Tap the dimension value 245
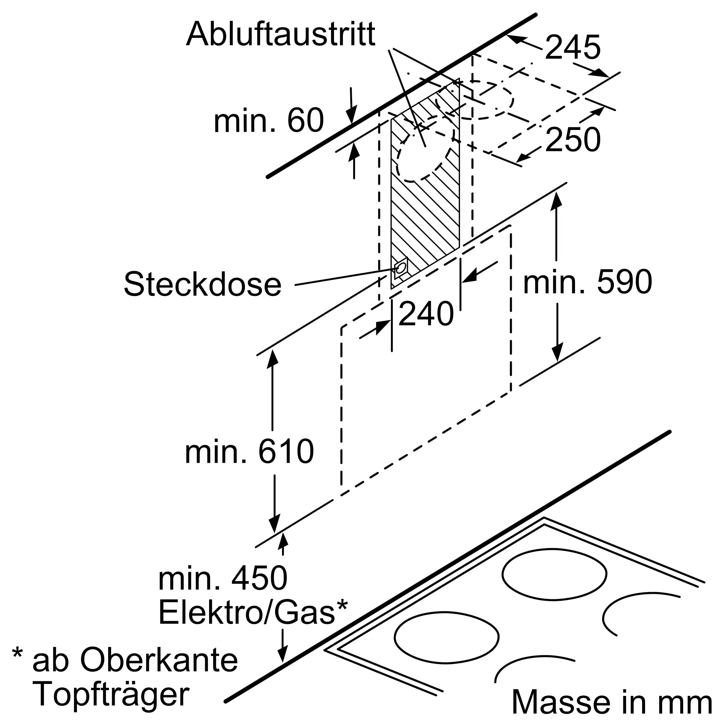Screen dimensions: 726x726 (573, 47)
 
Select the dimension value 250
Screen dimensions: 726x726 (573, 140)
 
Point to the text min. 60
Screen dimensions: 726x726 (268, 120)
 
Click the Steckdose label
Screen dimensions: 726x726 (203, 285)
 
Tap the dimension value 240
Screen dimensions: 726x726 (426, 313)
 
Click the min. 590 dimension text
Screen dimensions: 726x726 (587, 282)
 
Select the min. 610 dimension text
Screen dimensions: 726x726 (249, 451)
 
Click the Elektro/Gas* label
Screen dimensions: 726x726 (253, 613)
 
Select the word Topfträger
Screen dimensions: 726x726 (111, 696)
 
